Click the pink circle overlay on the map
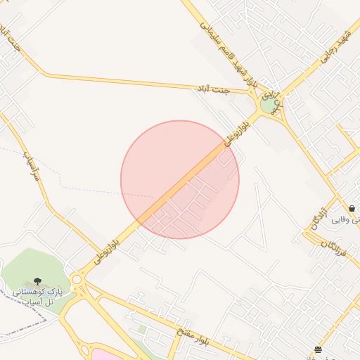click(x=180, y=179)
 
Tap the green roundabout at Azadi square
click(x=268, y=105)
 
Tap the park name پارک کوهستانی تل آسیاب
click(x=39, y=295)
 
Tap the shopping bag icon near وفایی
click(x=352, y=209)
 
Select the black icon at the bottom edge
click(x=319, y=349)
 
